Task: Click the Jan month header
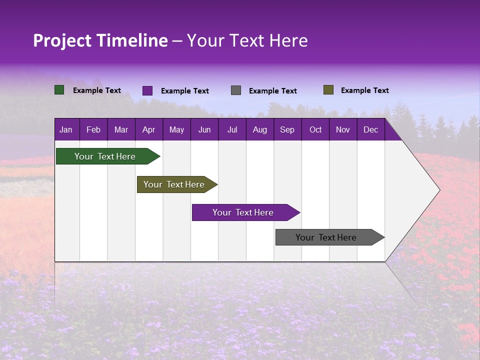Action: pyautogui.click(x=66, y=130)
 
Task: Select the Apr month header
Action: pyautogui.click(x=148, y=130)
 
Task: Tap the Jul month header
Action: pyautogui.click(x=232, y=130)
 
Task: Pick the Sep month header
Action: pyautogui.click(x=287, y=130)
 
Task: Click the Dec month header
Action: pyautogui.click(x=370, y=130)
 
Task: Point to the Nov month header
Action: pyautogui.click(x=342, y=130)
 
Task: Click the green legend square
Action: pyautogui.click(x=59, y=90)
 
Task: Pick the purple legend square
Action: pyautogui.click(x=147, y=90)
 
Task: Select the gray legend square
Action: pyautogui.click(x=235, y=90)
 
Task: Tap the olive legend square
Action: pyautogui.click(x=328, y=90)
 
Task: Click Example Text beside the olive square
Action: pyautogui.click(x=364, y=90)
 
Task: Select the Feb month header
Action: pyautogui.click(x=93, y=130)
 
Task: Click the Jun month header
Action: pyautogui.click(x=204, y=130)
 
